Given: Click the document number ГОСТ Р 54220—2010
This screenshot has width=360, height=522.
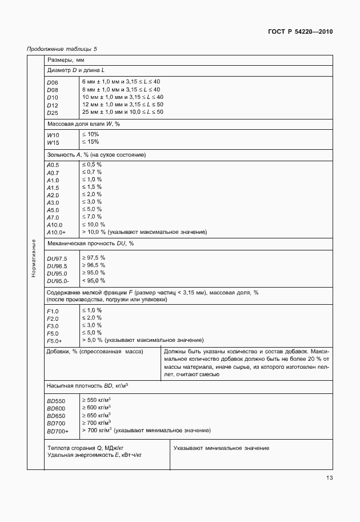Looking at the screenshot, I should point(300,31).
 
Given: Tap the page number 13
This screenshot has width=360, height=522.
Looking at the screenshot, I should point(329,478).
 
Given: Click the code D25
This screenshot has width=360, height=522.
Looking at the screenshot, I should point(53,112).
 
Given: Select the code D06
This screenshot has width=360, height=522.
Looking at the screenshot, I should point(53,82).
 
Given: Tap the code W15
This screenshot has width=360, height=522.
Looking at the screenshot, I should point(53,142).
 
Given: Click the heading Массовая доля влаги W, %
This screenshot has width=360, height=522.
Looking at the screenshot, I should point(83,124).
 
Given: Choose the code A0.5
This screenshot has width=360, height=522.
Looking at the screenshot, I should point(53,165).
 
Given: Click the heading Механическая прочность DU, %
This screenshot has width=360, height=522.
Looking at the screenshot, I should point(90,244).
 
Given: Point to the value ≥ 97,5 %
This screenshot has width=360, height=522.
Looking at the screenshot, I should point(94,258).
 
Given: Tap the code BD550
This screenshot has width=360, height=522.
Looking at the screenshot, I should point(56,401).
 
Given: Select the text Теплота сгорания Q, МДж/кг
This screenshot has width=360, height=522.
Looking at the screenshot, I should point(87,449).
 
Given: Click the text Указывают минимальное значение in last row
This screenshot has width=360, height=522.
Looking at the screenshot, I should point(221,448).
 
